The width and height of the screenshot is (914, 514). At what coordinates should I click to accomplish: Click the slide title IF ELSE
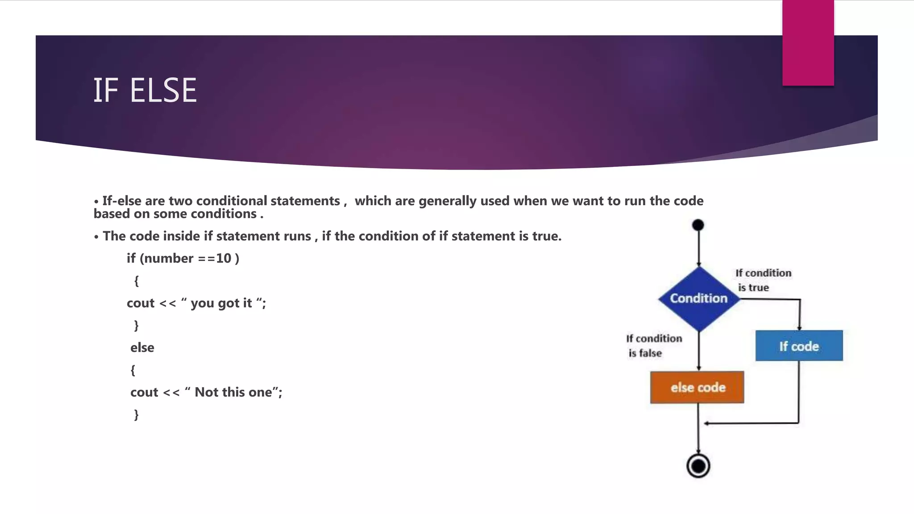pos(145,90)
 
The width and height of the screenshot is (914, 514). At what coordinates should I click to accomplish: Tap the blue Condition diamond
pos(698,298)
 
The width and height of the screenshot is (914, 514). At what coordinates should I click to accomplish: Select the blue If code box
pos(799,346)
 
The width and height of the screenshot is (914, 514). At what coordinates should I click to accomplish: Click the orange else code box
pos(697,387)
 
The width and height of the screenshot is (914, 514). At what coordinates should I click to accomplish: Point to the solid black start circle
pos(698,225)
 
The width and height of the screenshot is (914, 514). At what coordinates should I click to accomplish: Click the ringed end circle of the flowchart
pos(698,466)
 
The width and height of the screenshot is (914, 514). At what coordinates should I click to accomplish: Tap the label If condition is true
pos(763,280)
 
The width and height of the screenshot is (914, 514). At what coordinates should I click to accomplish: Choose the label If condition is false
pos(653,346)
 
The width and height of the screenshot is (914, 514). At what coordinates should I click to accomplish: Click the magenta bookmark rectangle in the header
pos(808,43)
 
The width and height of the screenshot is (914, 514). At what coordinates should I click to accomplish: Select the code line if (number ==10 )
pos(183,258)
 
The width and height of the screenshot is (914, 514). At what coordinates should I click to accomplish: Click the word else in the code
pos(142,348)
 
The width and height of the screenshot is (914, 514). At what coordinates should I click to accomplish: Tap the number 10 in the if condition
pos(224,258)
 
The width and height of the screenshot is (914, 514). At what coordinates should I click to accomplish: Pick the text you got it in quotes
pos(221,303)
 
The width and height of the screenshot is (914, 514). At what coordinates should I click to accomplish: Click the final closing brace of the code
pos(136,415)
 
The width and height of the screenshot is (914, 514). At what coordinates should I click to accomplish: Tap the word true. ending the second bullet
pos(547,236)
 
